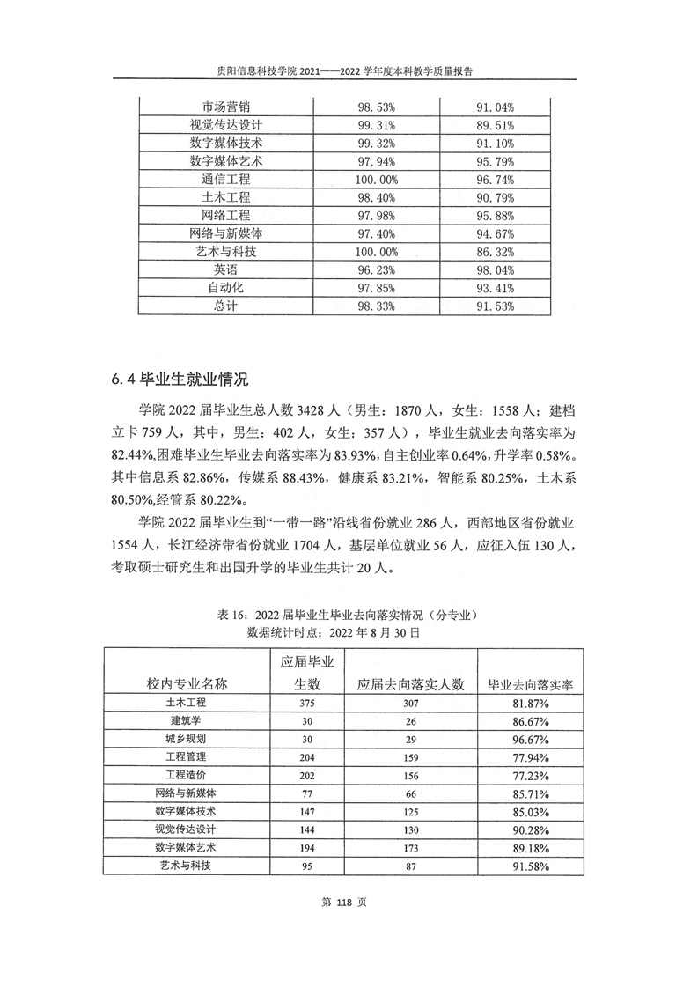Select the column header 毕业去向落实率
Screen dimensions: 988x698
[530, 684]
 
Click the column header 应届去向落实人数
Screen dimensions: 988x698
[410, 684]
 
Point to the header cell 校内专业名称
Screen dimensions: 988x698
[186, 684]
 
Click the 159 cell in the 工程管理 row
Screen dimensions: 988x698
[410, 756]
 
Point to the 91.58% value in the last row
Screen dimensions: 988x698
[530, 866]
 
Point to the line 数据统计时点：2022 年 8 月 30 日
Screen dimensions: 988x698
[349, 631]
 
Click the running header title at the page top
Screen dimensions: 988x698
[349, 73]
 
